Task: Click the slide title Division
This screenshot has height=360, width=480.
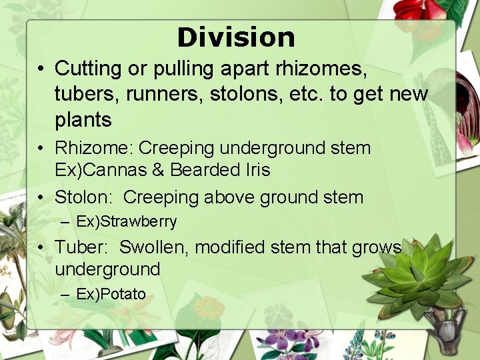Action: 236,37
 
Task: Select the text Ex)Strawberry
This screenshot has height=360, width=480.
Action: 127,221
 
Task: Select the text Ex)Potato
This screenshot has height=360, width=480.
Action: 111,294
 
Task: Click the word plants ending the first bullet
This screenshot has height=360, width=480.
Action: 83,120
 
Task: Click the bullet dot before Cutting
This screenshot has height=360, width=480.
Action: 41,69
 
